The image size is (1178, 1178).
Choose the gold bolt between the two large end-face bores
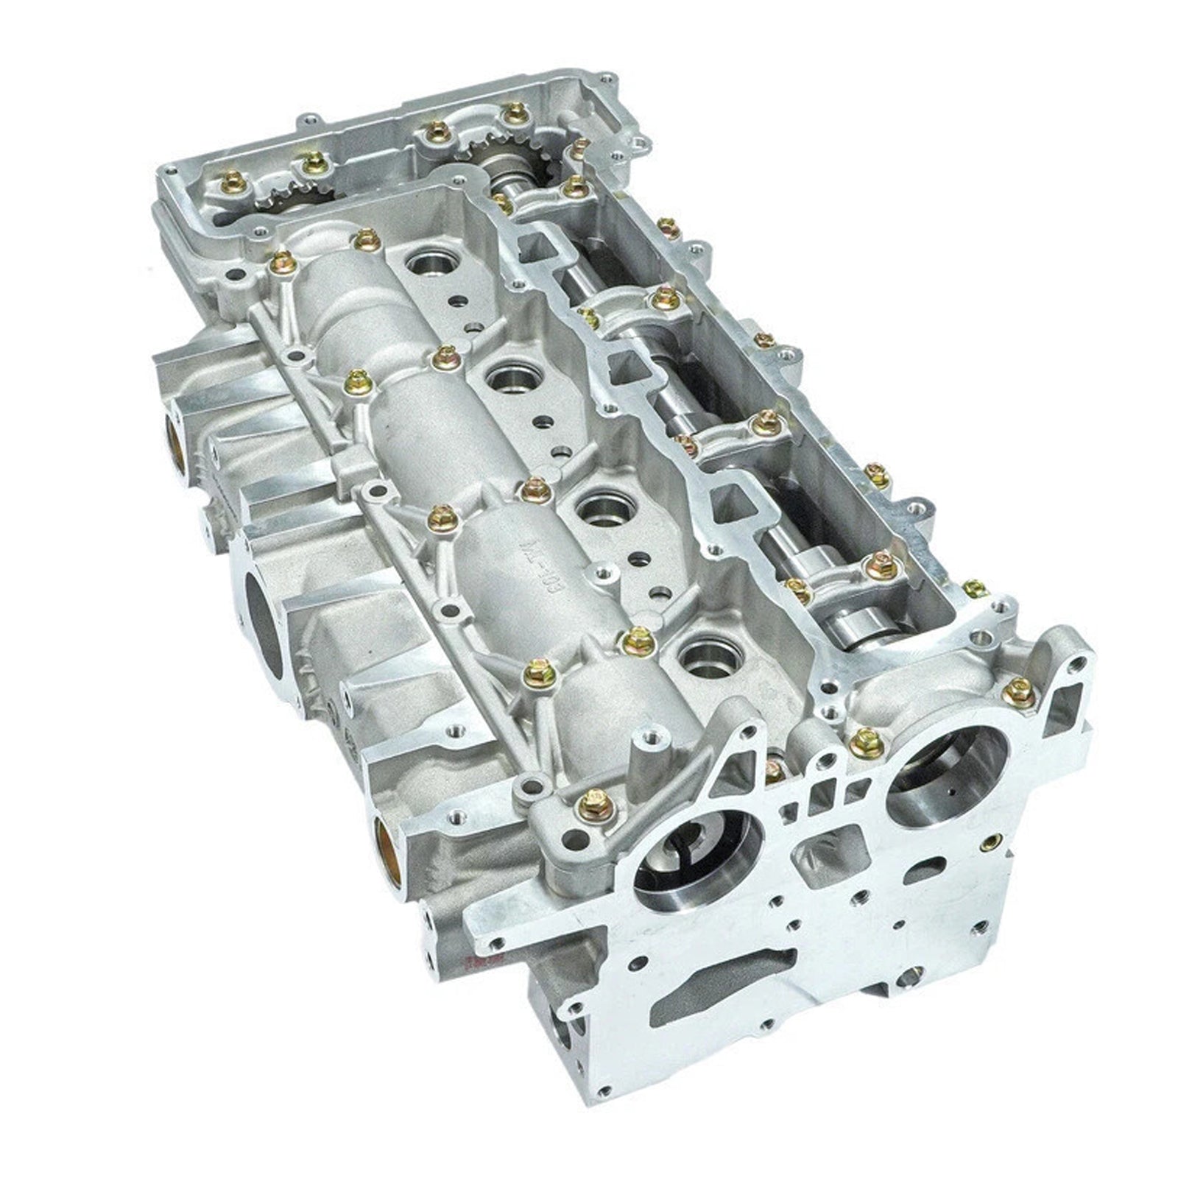tap(867, 744)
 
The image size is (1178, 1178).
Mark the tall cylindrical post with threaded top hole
tap(646, 752)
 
